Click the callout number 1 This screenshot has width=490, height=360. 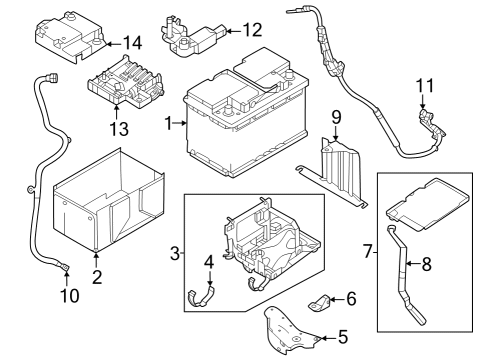click(x=171, y=124)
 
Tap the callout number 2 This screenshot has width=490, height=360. click(x=97, y=277)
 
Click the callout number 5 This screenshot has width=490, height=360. click(x=344, y=338)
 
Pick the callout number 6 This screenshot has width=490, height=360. click(x=350, y=299)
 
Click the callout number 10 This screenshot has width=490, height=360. click(x=68, y=296)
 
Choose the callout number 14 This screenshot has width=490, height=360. click(x=132, y=42)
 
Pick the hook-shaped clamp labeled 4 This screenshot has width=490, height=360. click(x=204, y=296)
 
